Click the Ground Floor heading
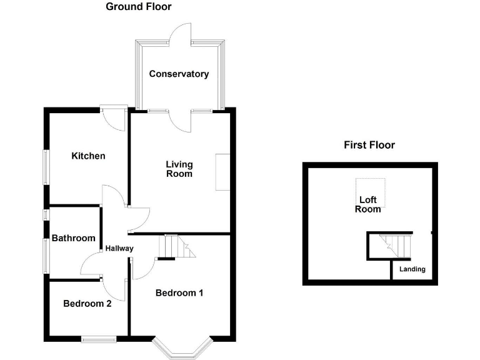click(x=138, y=7)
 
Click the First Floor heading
click(x=369, y=145)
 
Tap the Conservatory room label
click(x=179, y=74)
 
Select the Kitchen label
click(x=88, y=156)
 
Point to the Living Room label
click(x=179, y=169)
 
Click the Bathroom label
click(x=74, y=238)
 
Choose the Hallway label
click(x=119, y=248)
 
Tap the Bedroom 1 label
click(x=179, y=292)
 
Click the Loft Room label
click(x=368, y=204)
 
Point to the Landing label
click(x=412, y=269)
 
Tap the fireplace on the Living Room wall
click(x=222, y=172)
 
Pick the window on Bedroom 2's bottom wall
click(x=98, y=339)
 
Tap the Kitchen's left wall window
click(x=45, y=167)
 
